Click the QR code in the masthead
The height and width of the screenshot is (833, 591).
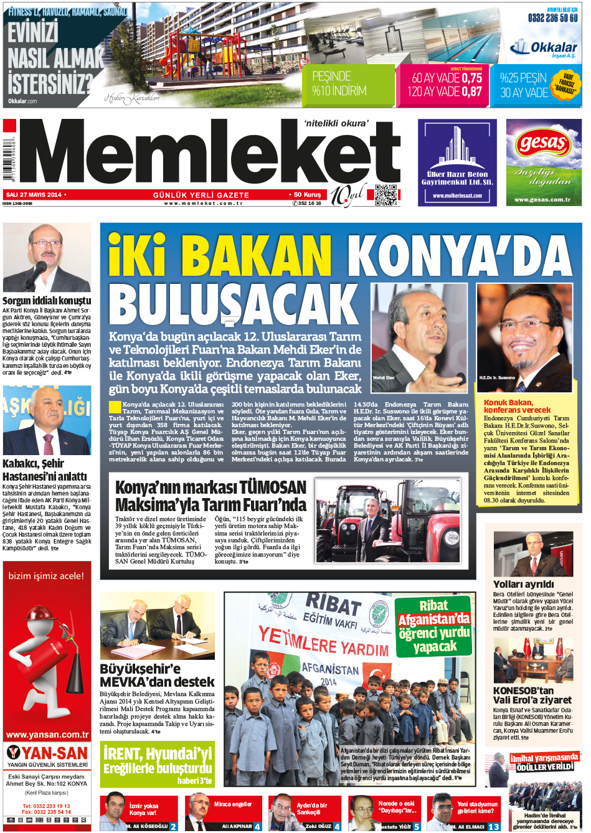pyautogui.click(x=386, y=195)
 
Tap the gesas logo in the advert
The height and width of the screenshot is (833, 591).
pyautogui.click(x=543, y=143)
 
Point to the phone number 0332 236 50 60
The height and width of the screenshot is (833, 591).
pyautogui.click(x=552, y=18)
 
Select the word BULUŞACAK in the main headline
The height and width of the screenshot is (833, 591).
pyautogui.click(x=234, y=304)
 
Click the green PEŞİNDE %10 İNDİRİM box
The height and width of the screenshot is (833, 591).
pyautogui.click(x=349, y=84)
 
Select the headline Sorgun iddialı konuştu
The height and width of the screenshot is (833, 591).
pyautogui.click(x=47, y=300)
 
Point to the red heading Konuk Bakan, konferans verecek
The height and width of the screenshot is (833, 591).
pyautogui.click(x=517, y=406)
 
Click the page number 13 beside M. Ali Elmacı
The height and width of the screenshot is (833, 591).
pyautogui.click(x=493, y=827)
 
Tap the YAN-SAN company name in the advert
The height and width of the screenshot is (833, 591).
pyautogui.click(x=54, y=753)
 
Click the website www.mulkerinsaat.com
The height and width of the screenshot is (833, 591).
pyautogui.click(x=457, y=195)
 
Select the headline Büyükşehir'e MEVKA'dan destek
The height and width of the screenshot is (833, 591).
pyautogui.click(x=157, y=675)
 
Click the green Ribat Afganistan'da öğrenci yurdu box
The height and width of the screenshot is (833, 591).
pyautogui.click(x=433, y=626)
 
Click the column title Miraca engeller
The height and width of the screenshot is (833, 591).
pyautogui.click(x=233, y=804)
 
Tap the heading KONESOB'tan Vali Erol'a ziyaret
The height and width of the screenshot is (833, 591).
pyautogui.click(x=532, y=695)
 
